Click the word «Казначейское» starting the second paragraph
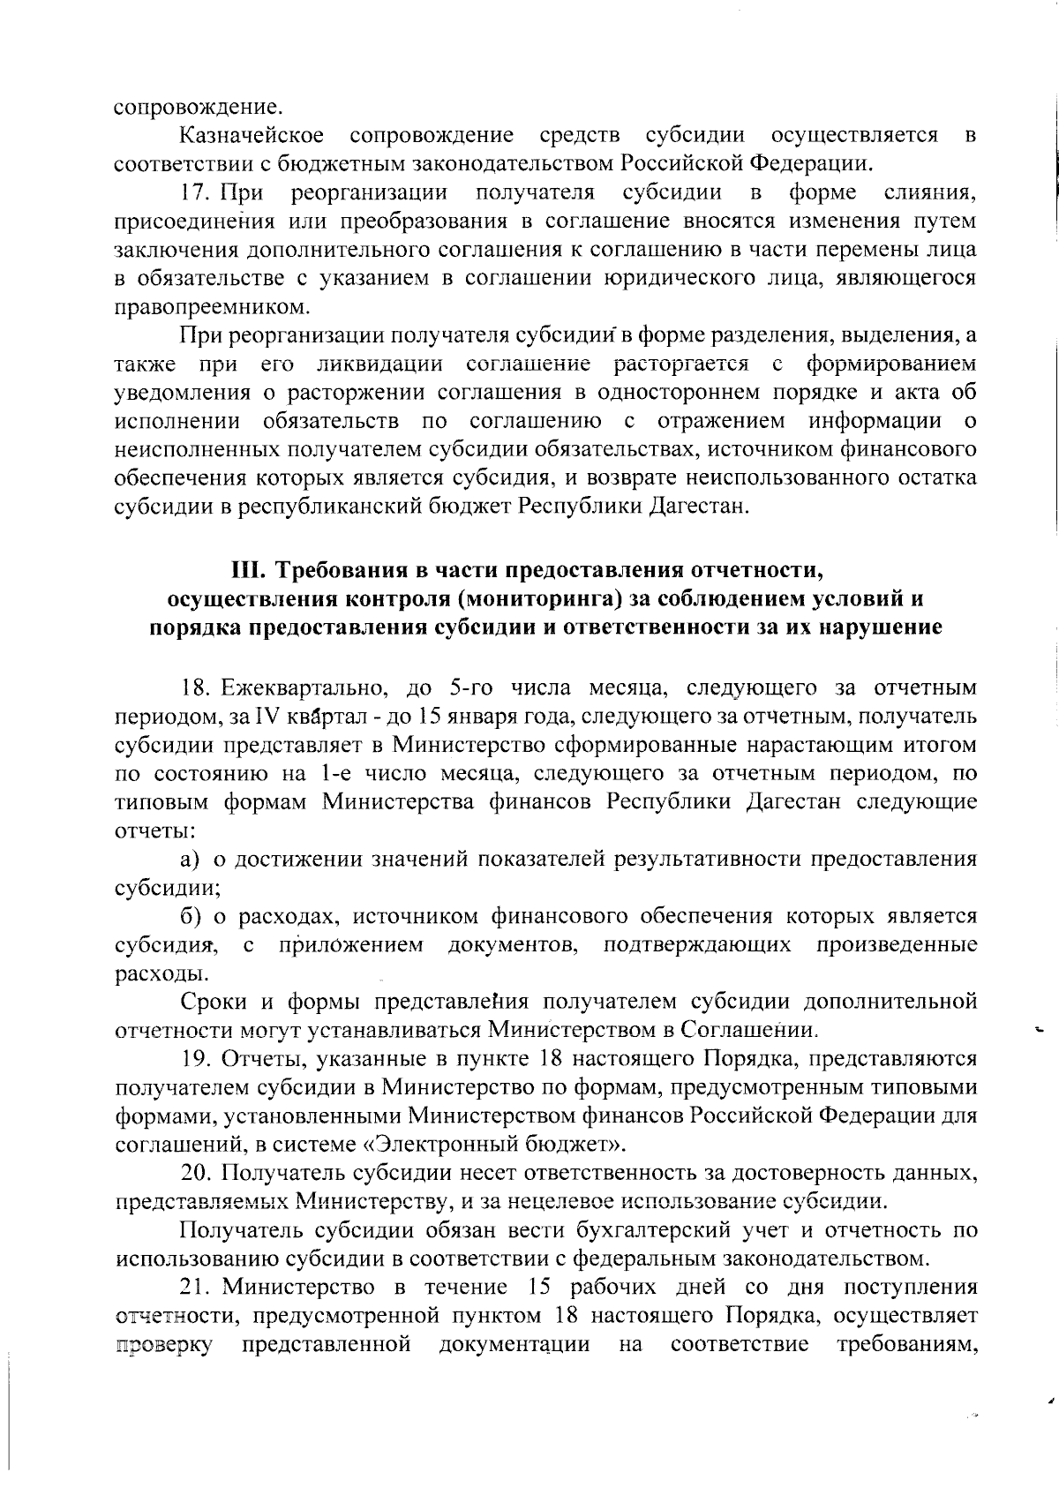(x=251, y=136)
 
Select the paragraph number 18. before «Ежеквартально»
(x=195, y=687)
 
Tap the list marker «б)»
(x=192, y=917)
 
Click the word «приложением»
(x=350, y=945)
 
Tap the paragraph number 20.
(x=195, y=1174)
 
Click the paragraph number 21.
(x=195, y=1288)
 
